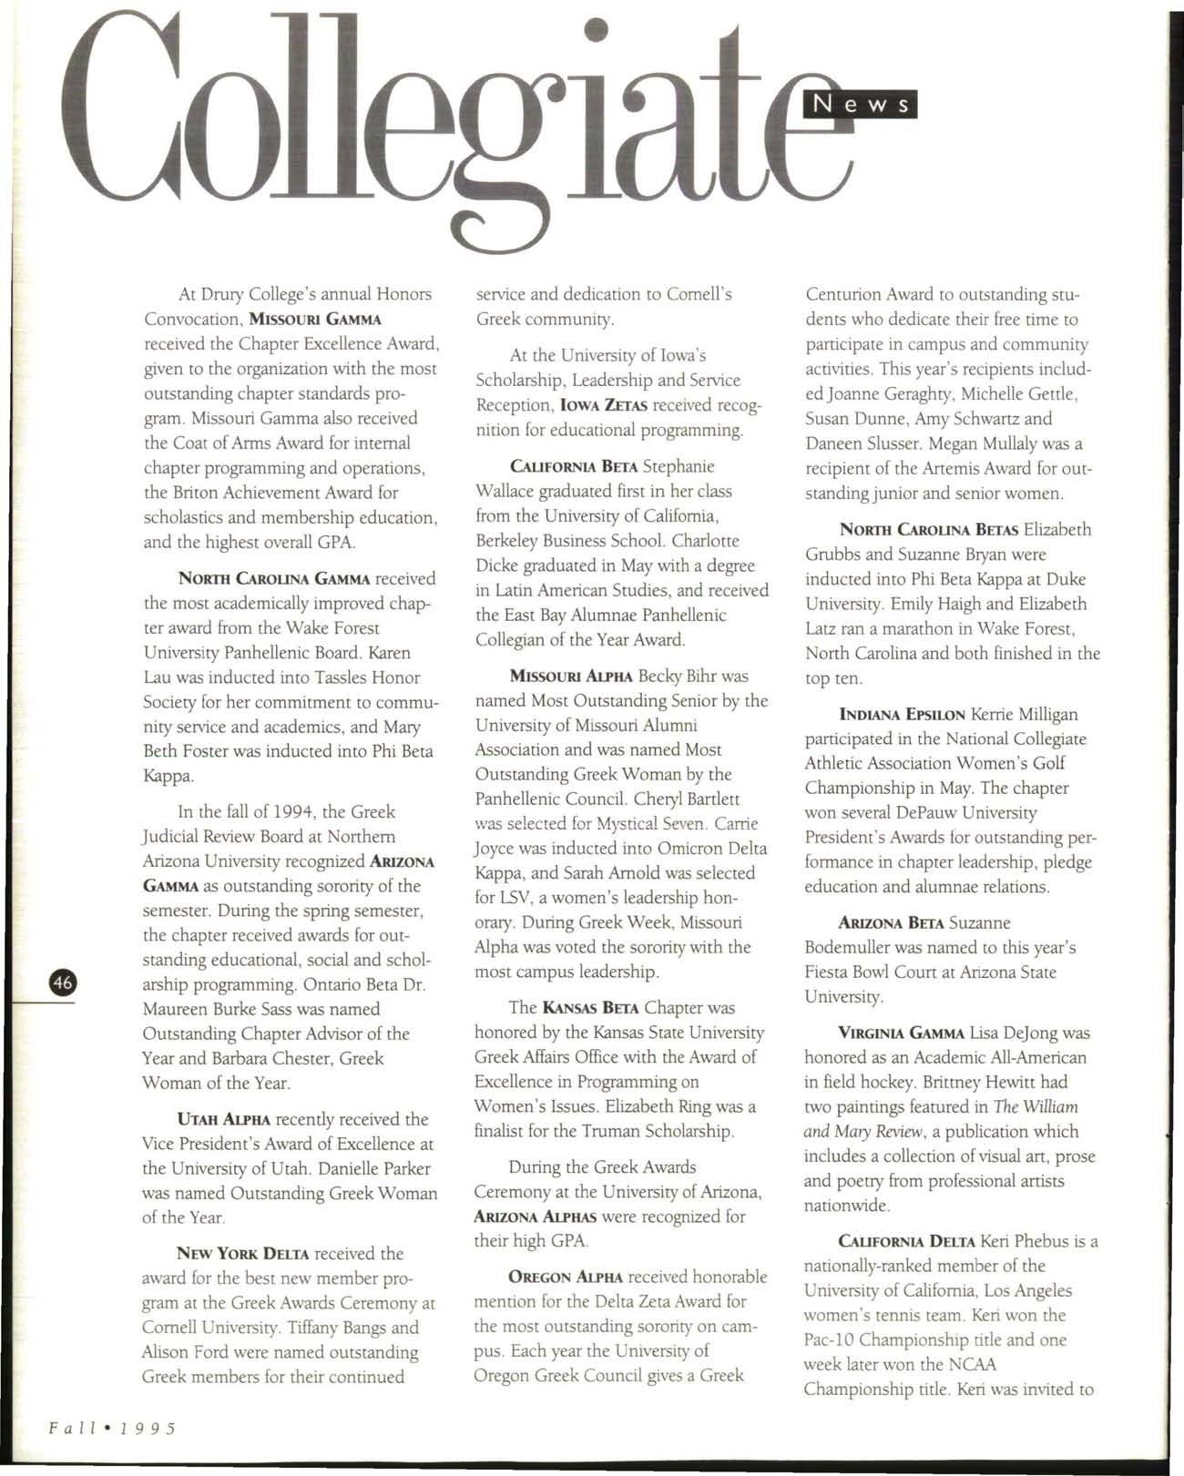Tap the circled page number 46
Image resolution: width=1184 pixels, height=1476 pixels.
tap(63, 982)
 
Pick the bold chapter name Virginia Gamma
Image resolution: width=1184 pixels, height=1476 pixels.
tap(901, 1033)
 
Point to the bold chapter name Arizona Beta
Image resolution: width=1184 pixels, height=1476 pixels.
tap(891, 923)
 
